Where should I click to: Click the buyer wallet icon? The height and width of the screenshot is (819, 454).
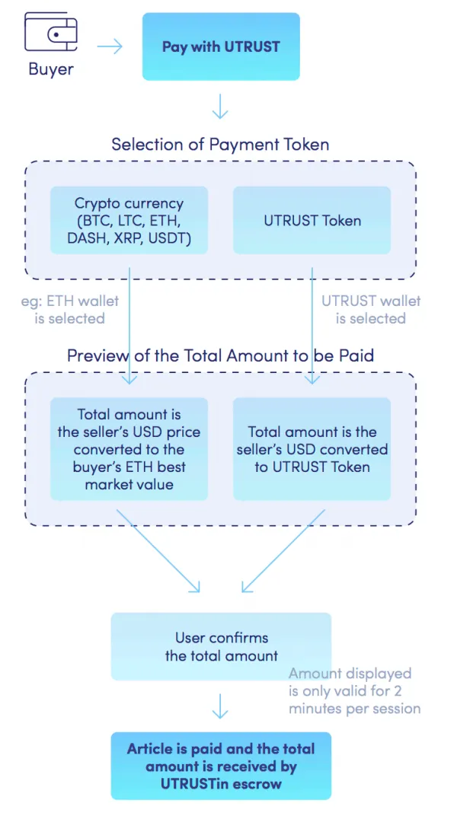pyautogui.click(x=51, y=33)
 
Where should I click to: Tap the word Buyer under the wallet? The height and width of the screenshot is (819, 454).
pyautogui.click(x=51, y=69)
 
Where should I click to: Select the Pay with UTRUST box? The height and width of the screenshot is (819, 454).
pyautogui.click(x=221, y=46)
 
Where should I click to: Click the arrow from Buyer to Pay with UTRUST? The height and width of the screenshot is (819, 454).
pyautogui.click(x=110, y=46)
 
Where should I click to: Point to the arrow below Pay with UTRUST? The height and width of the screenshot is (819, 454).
pyautogui.click(x=220, y=106)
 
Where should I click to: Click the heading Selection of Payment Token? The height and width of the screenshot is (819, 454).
pyautogui.click(x=220, y=144)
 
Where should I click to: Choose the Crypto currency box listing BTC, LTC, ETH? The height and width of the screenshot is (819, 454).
pyautogui.click(x=129, y=220)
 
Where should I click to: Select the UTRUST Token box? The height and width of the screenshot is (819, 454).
pyautogui.click(x=312, y=220)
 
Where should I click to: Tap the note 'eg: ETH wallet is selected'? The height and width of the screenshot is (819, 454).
pyautogui.click(x=69, y=309)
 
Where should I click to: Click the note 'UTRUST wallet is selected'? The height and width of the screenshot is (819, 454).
pyautogui.click(x=371, y=309)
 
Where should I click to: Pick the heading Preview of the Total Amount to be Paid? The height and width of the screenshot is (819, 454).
pyautogui.click(x=220, y=355)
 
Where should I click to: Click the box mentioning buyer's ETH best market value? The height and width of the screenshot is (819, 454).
pyautogui.click(x=129, y=449)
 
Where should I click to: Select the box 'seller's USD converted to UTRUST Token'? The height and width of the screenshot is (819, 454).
pyautogui.click(x=312, y=449)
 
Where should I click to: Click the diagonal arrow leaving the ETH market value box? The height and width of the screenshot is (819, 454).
pyautogui.click(x=158, y=551)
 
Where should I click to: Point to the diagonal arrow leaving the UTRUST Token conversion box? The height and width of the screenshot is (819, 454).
pyautogui.click(x=283, y=551)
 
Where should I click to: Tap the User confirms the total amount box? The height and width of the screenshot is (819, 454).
pyautogui.click(x=221, y=646)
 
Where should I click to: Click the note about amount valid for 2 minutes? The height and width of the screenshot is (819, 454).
pyautogui.click(x=355, y=690)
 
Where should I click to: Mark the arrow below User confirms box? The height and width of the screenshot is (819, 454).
pyautogui.click(x=220, y=706)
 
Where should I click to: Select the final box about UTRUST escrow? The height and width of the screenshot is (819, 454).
pyautogui.click(x=221, y=766)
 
